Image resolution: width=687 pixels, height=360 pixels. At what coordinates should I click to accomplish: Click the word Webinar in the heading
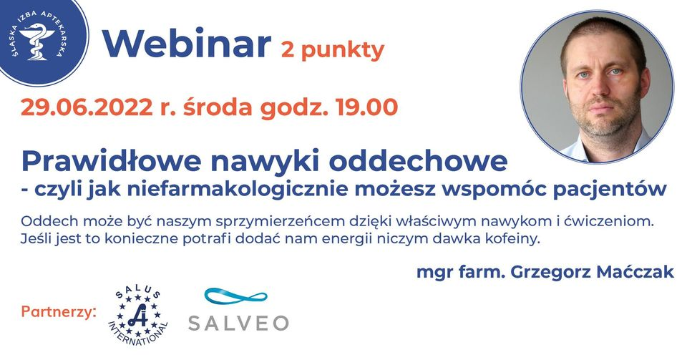click(x=187, y=44)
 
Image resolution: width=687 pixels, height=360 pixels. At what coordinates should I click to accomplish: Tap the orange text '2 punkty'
click(x=333, y=50)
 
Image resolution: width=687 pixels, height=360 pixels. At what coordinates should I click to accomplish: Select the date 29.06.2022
click(x=87, y=107)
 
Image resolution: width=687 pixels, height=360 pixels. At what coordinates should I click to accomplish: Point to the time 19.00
click(x=366, y=107)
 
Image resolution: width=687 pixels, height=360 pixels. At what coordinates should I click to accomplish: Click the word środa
click(x=218, y=107)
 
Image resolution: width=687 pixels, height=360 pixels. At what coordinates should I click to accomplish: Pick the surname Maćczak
click(x=635, y=272)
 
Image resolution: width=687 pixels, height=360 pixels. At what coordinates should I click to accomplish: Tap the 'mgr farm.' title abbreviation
click(x=461, y=273)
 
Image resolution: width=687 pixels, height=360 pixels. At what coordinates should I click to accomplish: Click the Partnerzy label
click(x=58, y=312)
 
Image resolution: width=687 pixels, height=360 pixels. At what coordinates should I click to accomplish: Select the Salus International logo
click(x=137, y=317)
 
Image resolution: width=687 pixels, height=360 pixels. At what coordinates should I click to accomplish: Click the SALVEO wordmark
click(x=238, y=323)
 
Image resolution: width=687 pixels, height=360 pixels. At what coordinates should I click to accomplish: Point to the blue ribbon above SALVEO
click(x=235, y=296)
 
